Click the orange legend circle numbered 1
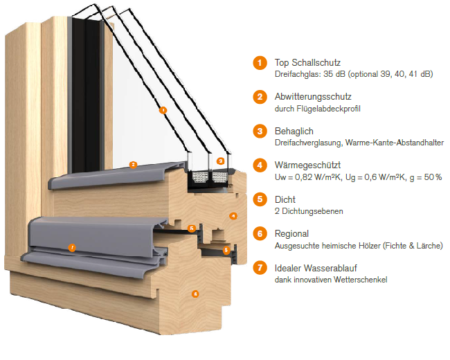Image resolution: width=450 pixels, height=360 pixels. pos(260,62)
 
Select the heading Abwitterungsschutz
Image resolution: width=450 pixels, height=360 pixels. pos(313,96)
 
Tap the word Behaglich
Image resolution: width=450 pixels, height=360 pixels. pos(294,132)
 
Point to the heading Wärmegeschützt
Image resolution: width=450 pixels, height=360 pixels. pos(307,165)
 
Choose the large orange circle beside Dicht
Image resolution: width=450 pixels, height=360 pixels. pos(260,199)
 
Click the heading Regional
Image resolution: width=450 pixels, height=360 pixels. pos(291,234)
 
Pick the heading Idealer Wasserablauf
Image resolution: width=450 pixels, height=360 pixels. pos(316,268)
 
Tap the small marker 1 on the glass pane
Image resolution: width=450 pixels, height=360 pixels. pos(163,110)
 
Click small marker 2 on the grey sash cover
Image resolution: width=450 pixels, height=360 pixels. pos(133,165)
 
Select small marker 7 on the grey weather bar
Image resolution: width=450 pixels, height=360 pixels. pos(72,247)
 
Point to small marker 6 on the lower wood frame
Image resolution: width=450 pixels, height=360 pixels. pos(195,294)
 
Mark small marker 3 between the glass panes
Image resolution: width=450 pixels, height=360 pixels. pos(220,161)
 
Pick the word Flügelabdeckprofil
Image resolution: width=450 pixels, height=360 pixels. pos(329,109)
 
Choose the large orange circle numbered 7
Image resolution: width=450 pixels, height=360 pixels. pos(260,267)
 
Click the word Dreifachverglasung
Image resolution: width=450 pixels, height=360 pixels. pos(309,143)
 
